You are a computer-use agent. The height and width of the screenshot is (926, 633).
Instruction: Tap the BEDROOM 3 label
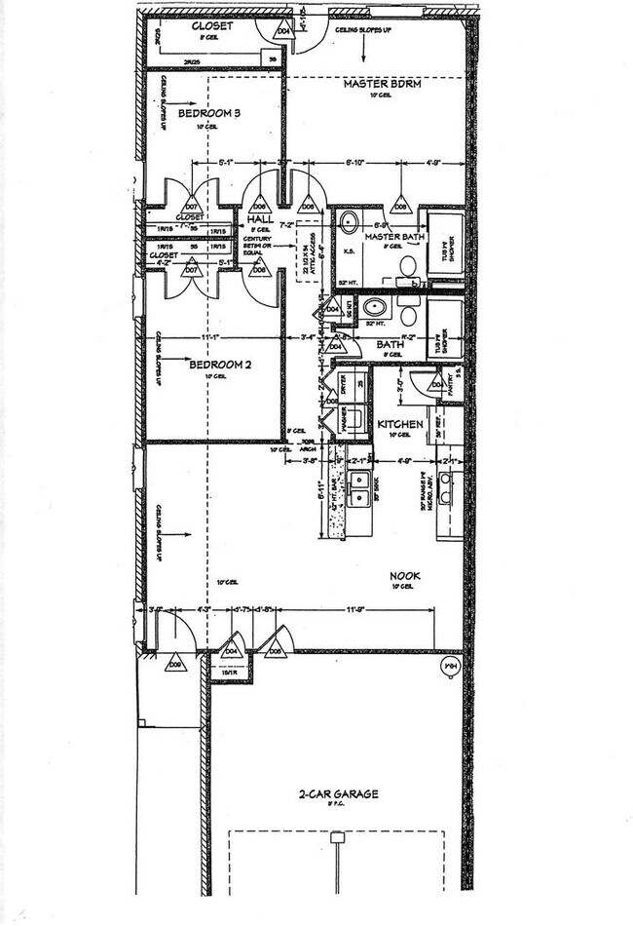pos(209,113)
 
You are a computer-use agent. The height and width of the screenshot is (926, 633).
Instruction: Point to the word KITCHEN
pos(400,424)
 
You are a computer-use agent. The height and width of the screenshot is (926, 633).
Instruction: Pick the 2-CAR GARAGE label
pos(338,794)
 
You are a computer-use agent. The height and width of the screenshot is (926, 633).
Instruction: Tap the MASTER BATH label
pos(391,237)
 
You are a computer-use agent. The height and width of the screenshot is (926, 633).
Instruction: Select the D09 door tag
pos(175,665)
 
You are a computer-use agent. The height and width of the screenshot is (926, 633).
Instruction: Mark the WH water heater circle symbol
pos(450,666)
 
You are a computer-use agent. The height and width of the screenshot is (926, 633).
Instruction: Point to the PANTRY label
pos(450,375)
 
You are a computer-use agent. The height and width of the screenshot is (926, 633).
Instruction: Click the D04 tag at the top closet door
pos(284,31)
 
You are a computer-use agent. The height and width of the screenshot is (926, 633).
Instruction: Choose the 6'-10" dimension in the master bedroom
pos(356,163)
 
